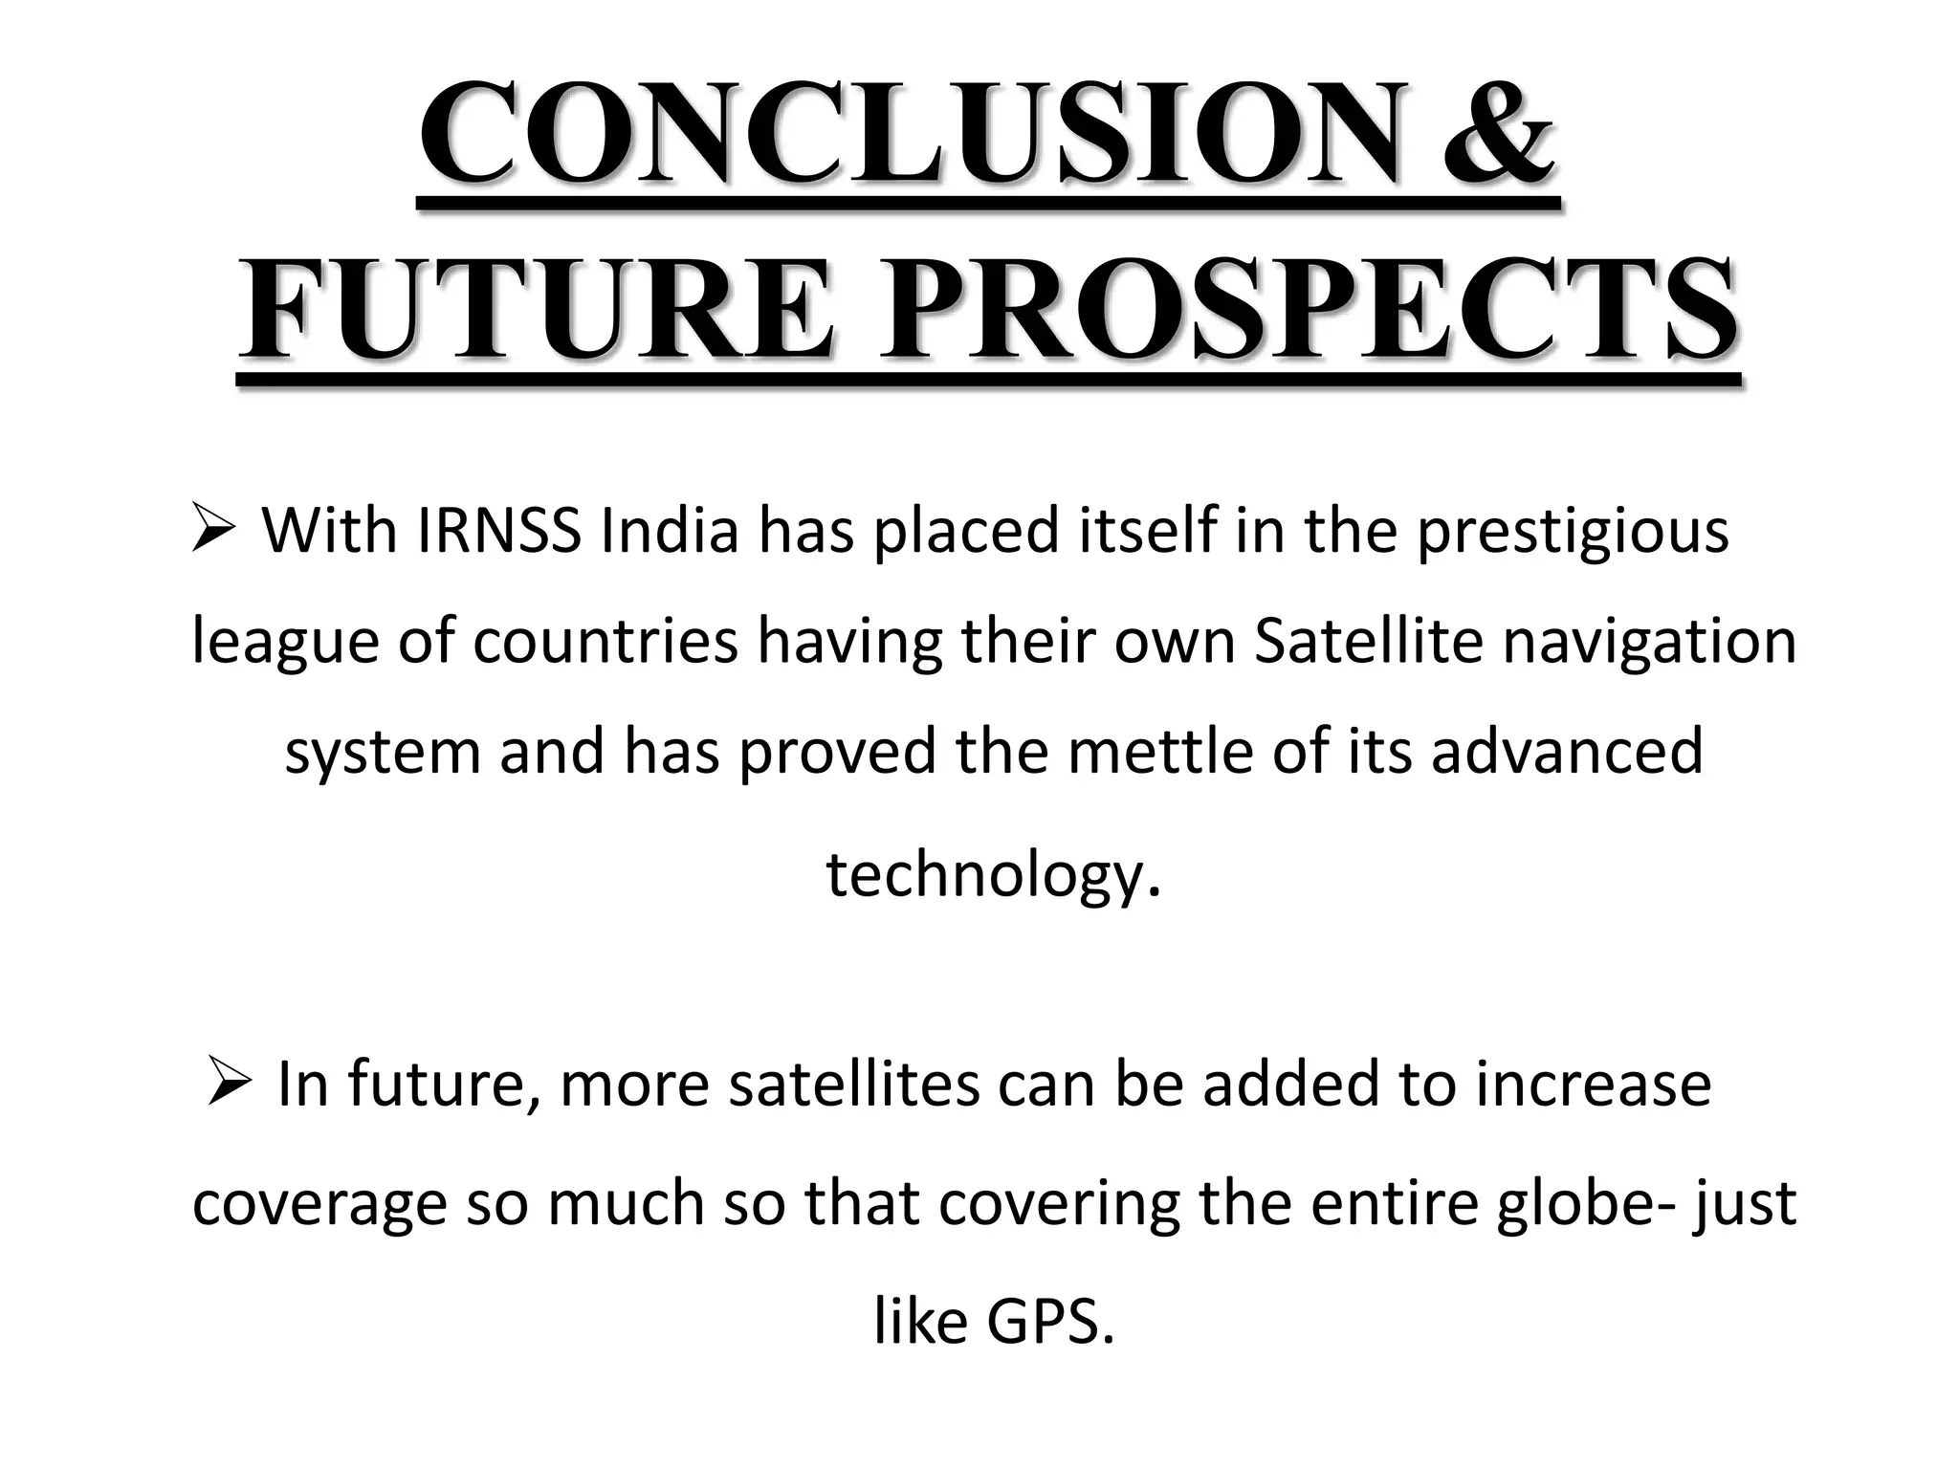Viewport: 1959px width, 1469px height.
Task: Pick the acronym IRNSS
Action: pyautogui.click(x=498, y=532)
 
